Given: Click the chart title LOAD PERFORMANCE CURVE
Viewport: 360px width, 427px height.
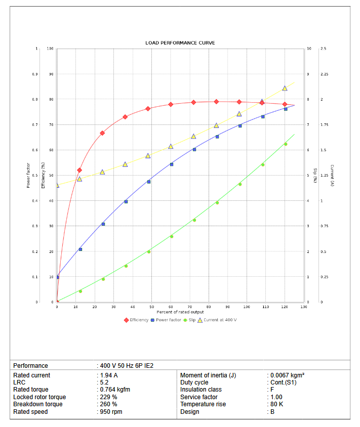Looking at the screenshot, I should coord(180,43).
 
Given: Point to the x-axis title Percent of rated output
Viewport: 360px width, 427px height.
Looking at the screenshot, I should coord(180,312).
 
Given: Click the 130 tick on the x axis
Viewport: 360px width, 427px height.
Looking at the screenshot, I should coord(303,307).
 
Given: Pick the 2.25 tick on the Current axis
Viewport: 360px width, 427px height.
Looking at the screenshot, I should coord(325,74).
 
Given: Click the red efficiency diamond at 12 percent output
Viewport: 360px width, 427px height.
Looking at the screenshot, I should coord(79,170).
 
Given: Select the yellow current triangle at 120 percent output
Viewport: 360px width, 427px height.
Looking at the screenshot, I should coord(285,88).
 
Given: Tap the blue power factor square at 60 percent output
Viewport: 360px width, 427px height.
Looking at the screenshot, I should coord(171,164).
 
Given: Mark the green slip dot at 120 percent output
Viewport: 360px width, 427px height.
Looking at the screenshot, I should coord(285,144).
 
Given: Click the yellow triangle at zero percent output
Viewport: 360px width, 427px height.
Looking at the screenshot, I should coord(57,185).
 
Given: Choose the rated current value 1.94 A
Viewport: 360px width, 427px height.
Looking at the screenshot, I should coord(109,375).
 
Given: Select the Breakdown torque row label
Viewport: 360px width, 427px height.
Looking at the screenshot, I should coord(38,404).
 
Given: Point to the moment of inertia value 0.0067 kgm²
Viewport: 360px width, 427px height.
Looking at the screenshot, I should coord(287,375).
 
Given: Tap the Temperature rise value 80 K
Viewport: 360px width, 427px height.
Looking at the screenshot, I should coord(277,404).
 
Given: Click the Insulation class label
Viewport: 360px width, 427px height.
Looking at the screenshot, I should coord(202,390).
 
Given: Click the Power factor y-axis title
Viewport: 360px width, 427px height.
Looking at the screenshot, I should coord(28,176).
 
